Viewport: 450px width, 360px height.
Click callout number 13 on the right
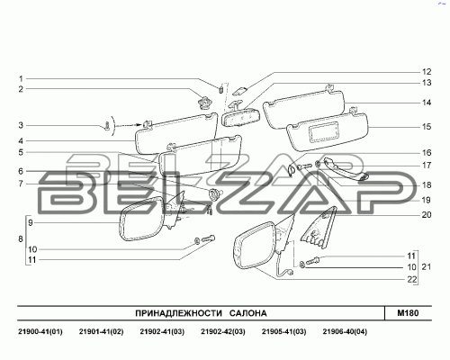click(427, 83)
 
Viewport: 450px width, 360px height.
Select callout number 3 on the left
click(21, 125)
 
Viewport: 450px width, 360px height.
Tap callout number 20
click(427, 215)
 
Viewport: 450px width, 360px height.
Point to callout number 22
click(412, 280)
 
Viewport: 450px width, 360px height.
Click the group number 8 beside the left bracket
click(21, 239)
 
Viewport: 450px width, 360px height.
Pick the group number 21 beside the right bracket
click(427, 266)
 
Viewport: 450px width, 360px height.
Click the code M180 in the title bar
click(408, 313)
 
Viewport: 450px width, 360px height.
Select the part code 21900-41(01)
click(40, 331)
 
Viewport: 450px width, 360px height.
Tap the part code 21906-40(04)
click(345, 331)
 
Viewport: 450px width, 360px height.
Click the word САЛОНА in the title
click(248, 313)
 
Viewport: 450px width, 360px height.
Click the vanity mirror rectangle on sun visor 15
click(325, 132)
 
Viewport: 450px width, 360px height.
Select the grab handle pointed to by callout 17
click(345, 168)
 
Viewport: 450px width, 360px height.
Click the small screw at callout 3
click(106, 125)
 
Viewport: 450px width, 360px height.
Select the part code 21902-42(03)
click(223, 331)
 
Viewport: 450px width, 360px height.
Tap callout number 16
click(427, 153)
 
